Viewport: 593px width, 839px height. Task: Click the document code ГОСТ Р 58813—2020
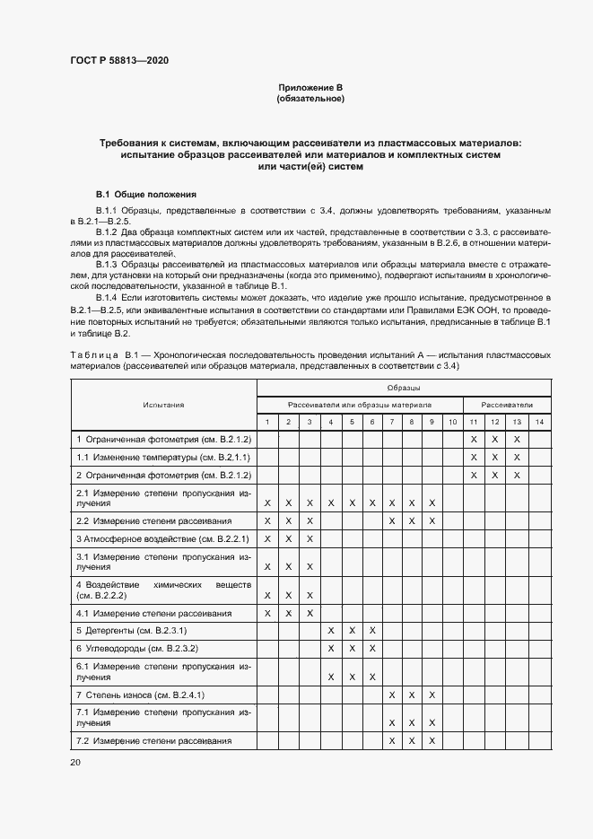[x=118, y=61]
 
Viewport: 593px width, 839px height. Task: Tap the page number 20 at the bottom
[x=75, y=762]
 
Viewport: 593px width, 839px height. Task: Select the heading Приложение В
[x=310, y=87]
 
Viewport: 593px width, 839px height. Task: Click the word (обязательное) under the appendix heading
[x=310, y=98]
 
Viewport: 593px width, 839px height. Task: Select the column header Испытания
[x=163, y=405]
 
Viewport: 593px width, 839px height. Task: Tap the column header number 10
[x=452, y=422]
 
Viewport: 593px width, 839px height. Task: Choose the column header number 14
[x=537, y=422]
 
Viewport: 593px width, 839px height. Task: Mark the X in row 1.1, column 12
[x=493, y=457]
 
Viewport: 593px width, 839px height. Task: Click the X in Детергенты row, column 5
[x=351, y=631]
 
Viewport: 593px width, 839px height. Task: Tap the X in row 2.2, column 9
[x=432, y=520]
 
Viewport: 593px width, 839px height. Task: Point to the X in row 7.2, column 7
[x=391, y=740]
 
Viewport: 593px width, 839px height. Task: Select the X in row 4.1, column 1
[x=267, y=613]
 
